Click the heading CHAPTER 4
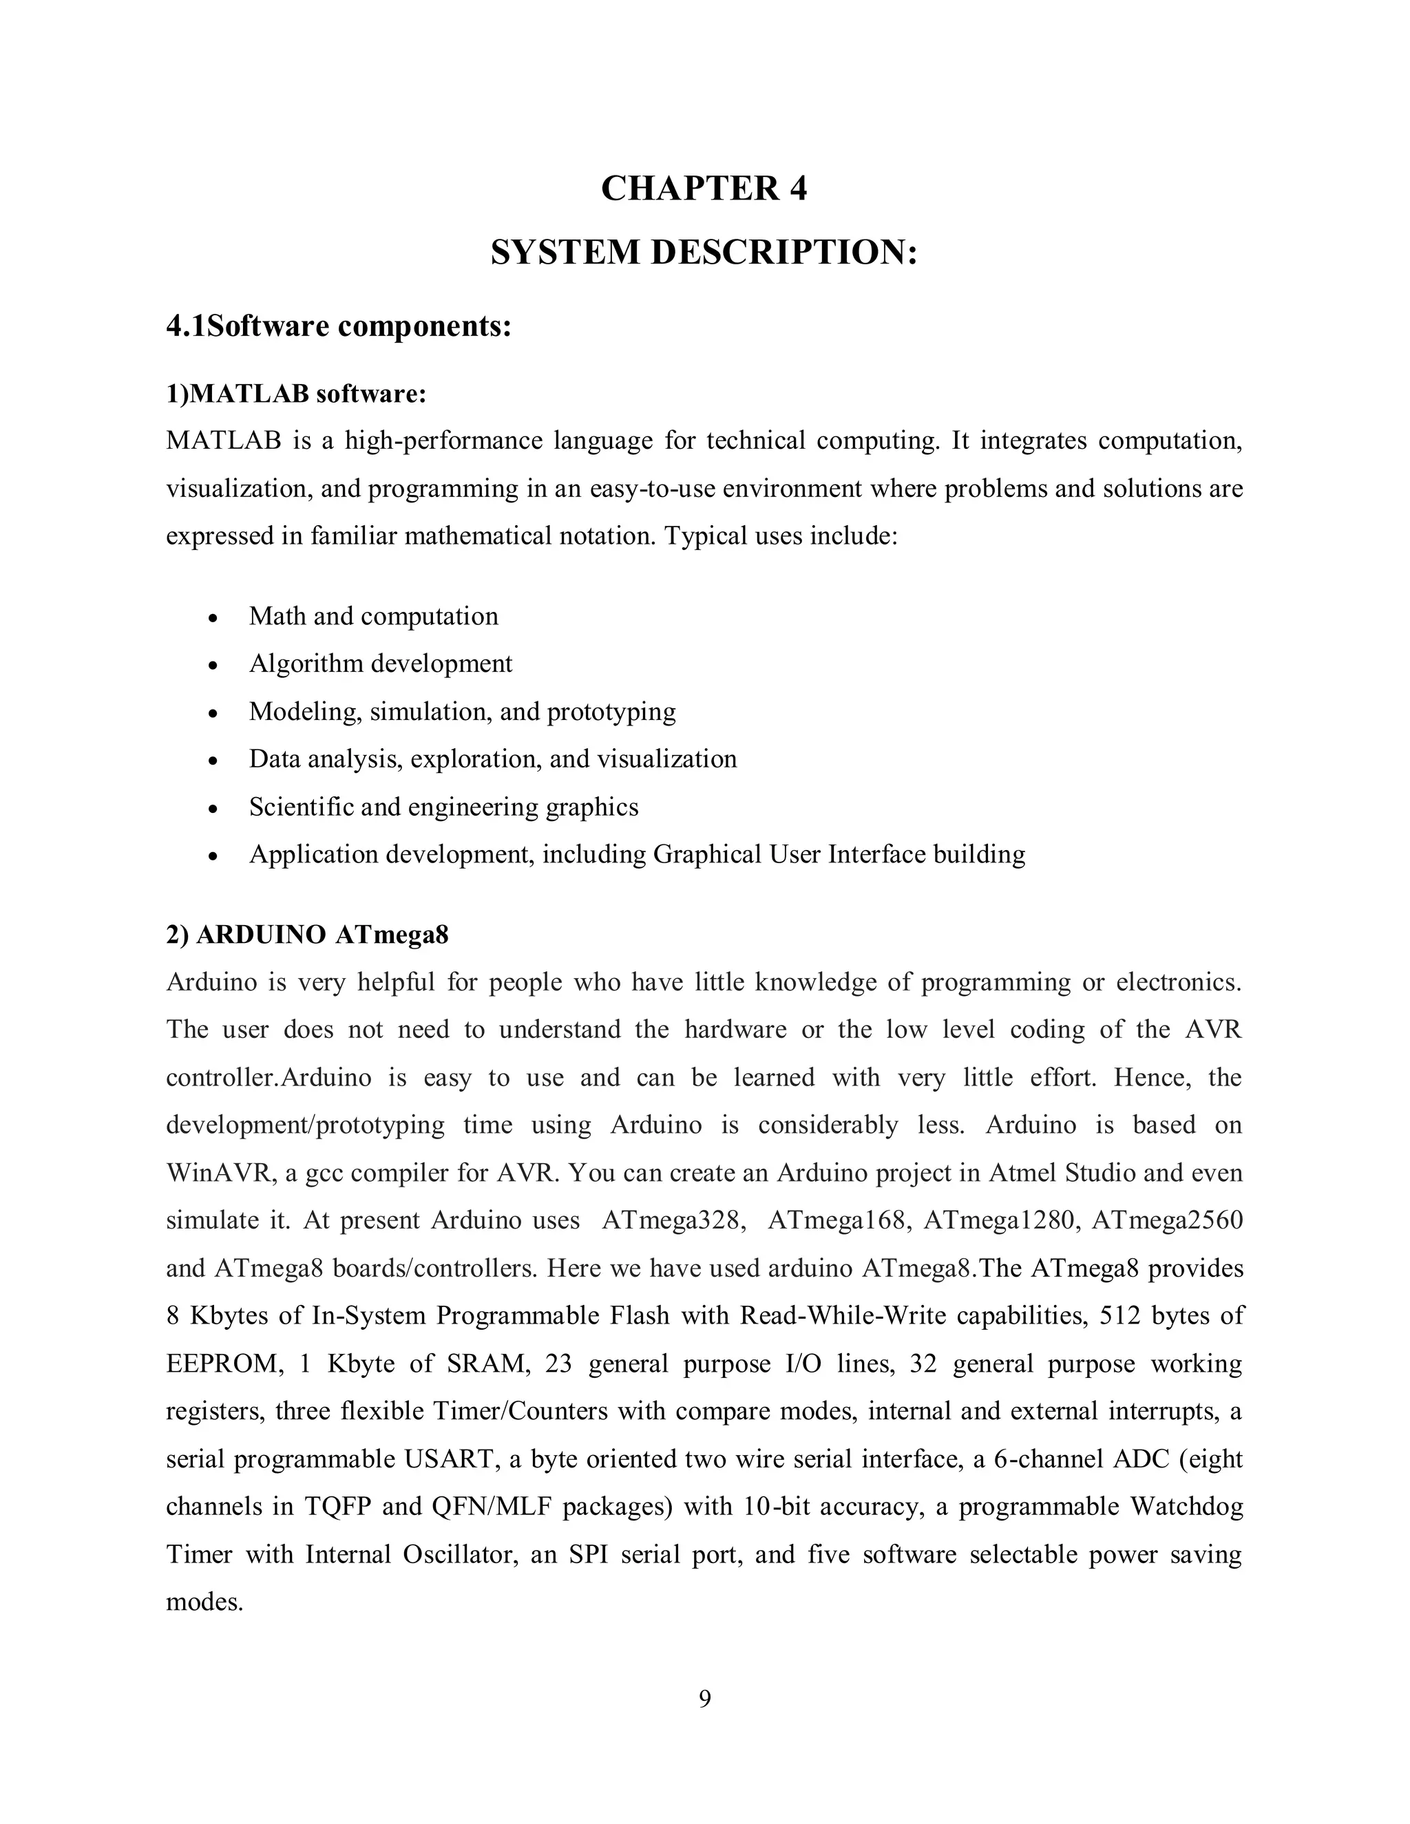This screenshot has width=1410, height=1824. point(704,189)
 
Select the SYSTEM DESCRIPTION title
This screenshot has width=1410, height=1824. point(704,252)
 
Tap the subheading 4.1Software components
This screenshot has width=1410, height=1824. point(338,326)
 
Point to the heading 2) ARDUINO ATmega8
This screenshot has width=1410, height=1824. point(307,935)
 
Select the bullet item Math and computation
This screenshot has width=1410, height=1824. point(373,616)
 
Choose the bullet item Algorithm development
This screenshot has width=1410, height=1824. point(380,664)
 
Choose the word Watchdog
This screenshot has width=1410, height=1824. point(1186,1507)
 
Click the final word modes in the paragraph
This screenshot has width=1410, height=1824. point(204,1602)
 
